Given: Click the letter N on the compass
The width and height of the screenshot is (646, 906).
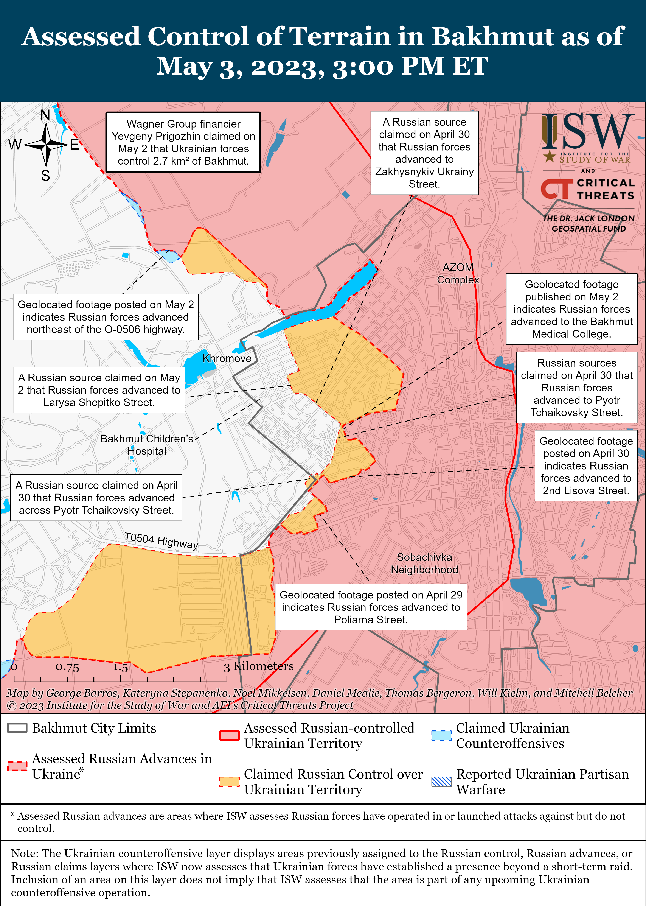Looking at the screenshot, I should [45, 115].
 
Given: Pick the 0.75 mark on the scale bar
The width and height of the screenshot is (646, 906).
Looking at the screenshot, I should [67, 667].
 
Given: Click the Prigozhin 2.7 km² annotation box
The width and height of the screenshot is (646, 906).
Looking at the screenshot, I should [183, 142].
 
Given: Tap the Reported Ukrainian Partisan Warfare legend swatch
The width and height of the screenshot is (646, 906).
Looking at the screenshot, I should [441, 781].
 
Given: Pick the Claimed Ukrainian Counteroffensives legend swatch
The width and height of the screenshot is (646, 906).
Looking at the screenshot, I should [441, 735].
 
